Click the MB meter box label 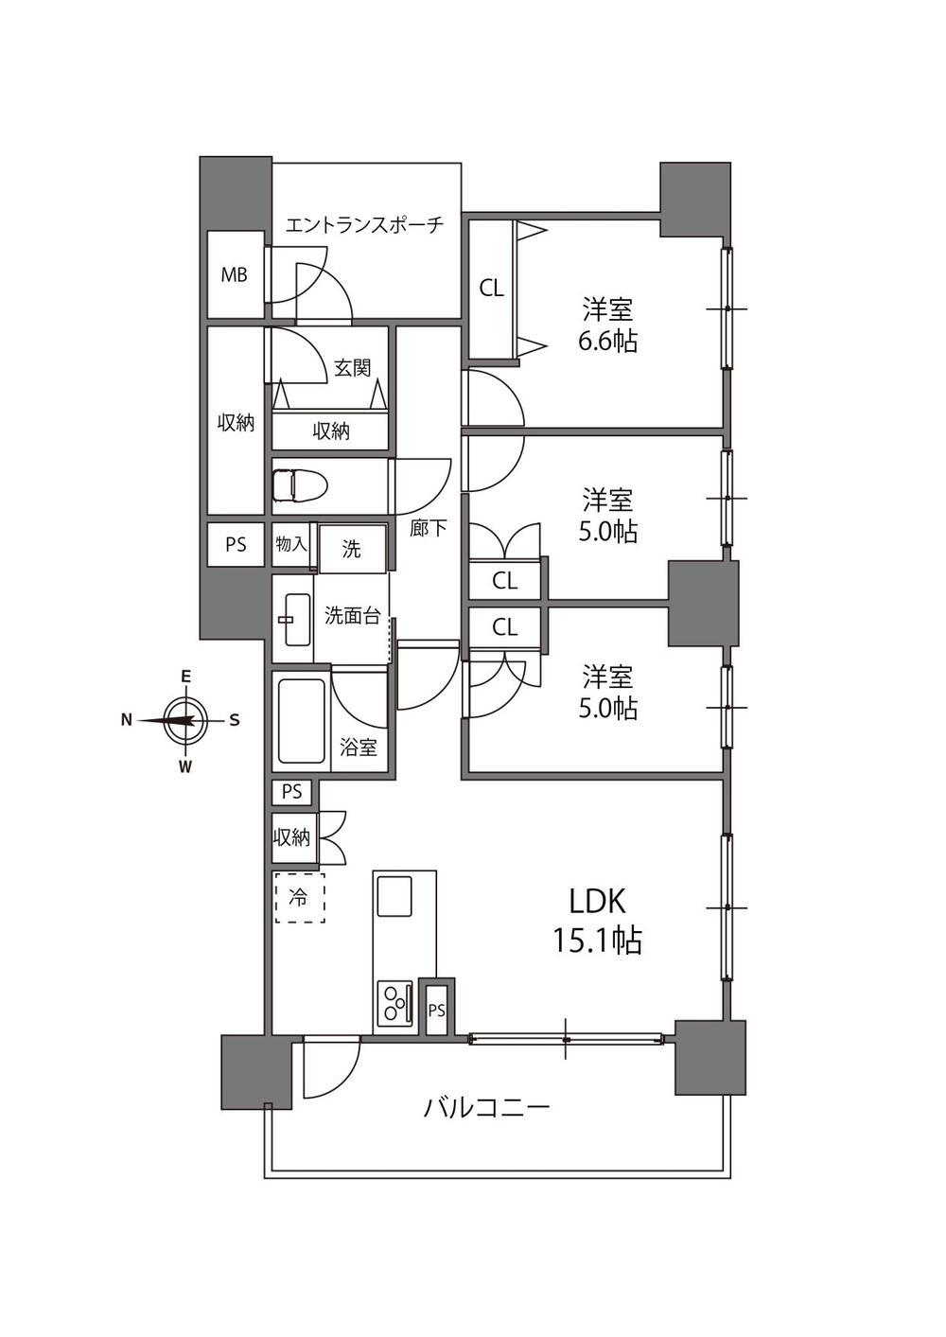[234, 274]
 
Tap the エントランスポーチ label [365, 225]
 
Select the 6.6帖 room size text [607, 342]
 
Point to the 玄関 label [353, 368]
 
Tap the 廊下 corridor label [429, 527]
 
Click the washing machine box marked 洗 [352, 549]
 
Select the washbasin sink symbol [297, 619]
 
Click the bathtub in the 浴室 [302, 721]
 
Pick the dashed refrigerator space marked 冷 [300, 898]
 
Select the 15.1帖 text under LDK [598, 941]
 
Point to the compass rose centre [186, 720]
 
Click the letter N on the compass [126, 720]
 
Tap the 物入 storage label [291, 544]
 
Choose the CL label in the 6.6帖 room [492, 289]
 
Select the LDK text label [598, 902]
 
